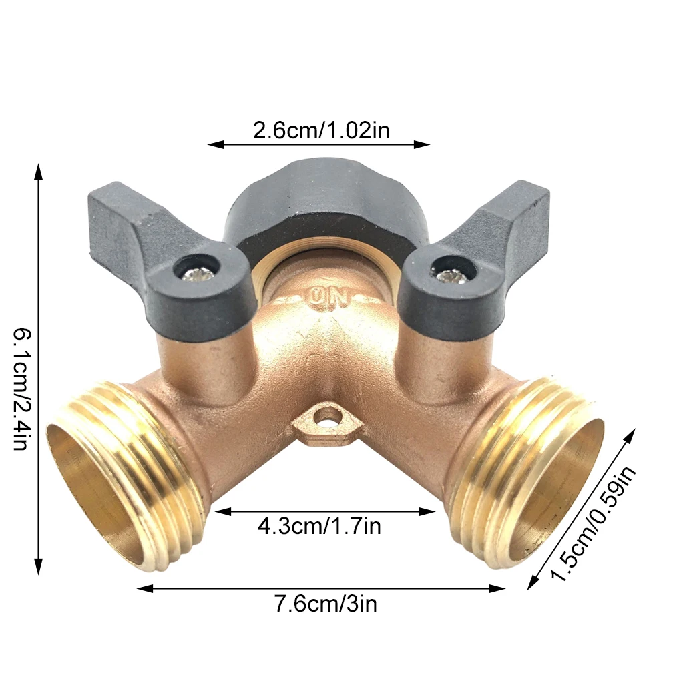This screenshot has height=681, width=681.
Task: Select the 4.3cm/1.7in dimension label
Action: [319, 527]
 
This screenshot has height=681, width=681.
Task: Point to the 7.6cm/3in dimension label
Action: [325, 604]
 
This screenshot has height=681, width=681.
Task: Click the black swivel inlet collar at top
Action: [320, 200]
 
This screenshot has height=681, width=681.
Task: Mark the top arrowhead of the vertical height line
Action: [39, 167]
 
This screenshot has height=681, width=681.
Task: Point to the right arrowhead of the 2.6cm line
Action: [426, 144]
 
